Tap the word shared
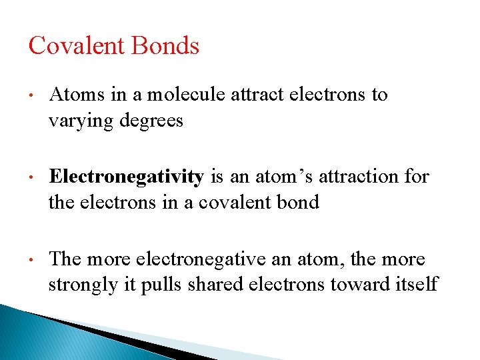tap(223, 285)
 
